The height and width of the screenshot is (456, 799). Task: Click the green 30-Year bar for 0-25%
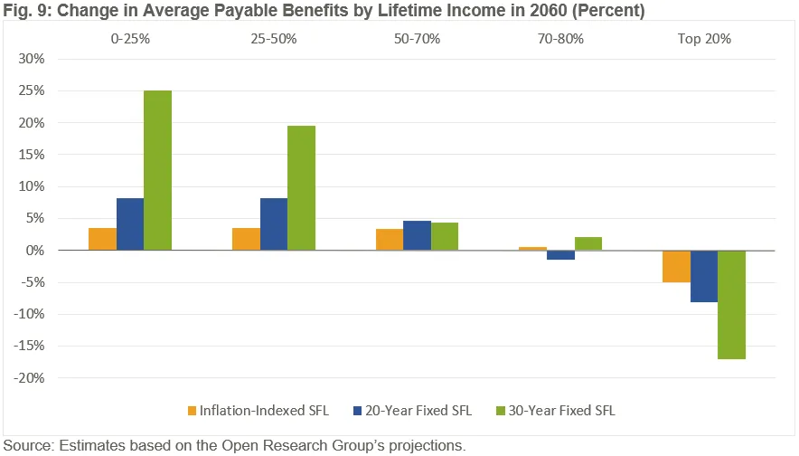pyautogui.click(x=157, y=170)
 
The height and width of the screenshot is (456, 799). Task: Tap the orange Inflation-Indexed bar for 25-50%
pyautogui.click(x=246, y=239)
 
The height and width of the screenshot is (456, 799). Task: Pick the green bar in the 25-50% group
pyautogui.click(x=301, y=187)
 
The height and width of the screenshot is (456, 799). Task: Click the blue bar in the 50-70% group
pyautogui.click(x=418, y=235)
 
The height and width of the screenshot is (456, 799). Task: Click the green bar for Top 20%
pyautogui.click(x=731, y=304)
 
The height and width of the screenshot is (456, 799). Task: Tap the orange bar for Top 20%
pyautogui.click(x=676, y=266)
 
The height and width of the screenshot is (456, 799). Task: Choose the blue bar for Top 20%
pyautogui.click(x=704, y=276)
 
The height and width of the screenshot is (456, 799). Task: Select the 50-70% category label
pyautogui.click(x=417, y=39)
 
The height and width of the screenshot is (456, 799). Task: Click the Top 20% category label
pyautogui.click(x=703, y=39)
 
